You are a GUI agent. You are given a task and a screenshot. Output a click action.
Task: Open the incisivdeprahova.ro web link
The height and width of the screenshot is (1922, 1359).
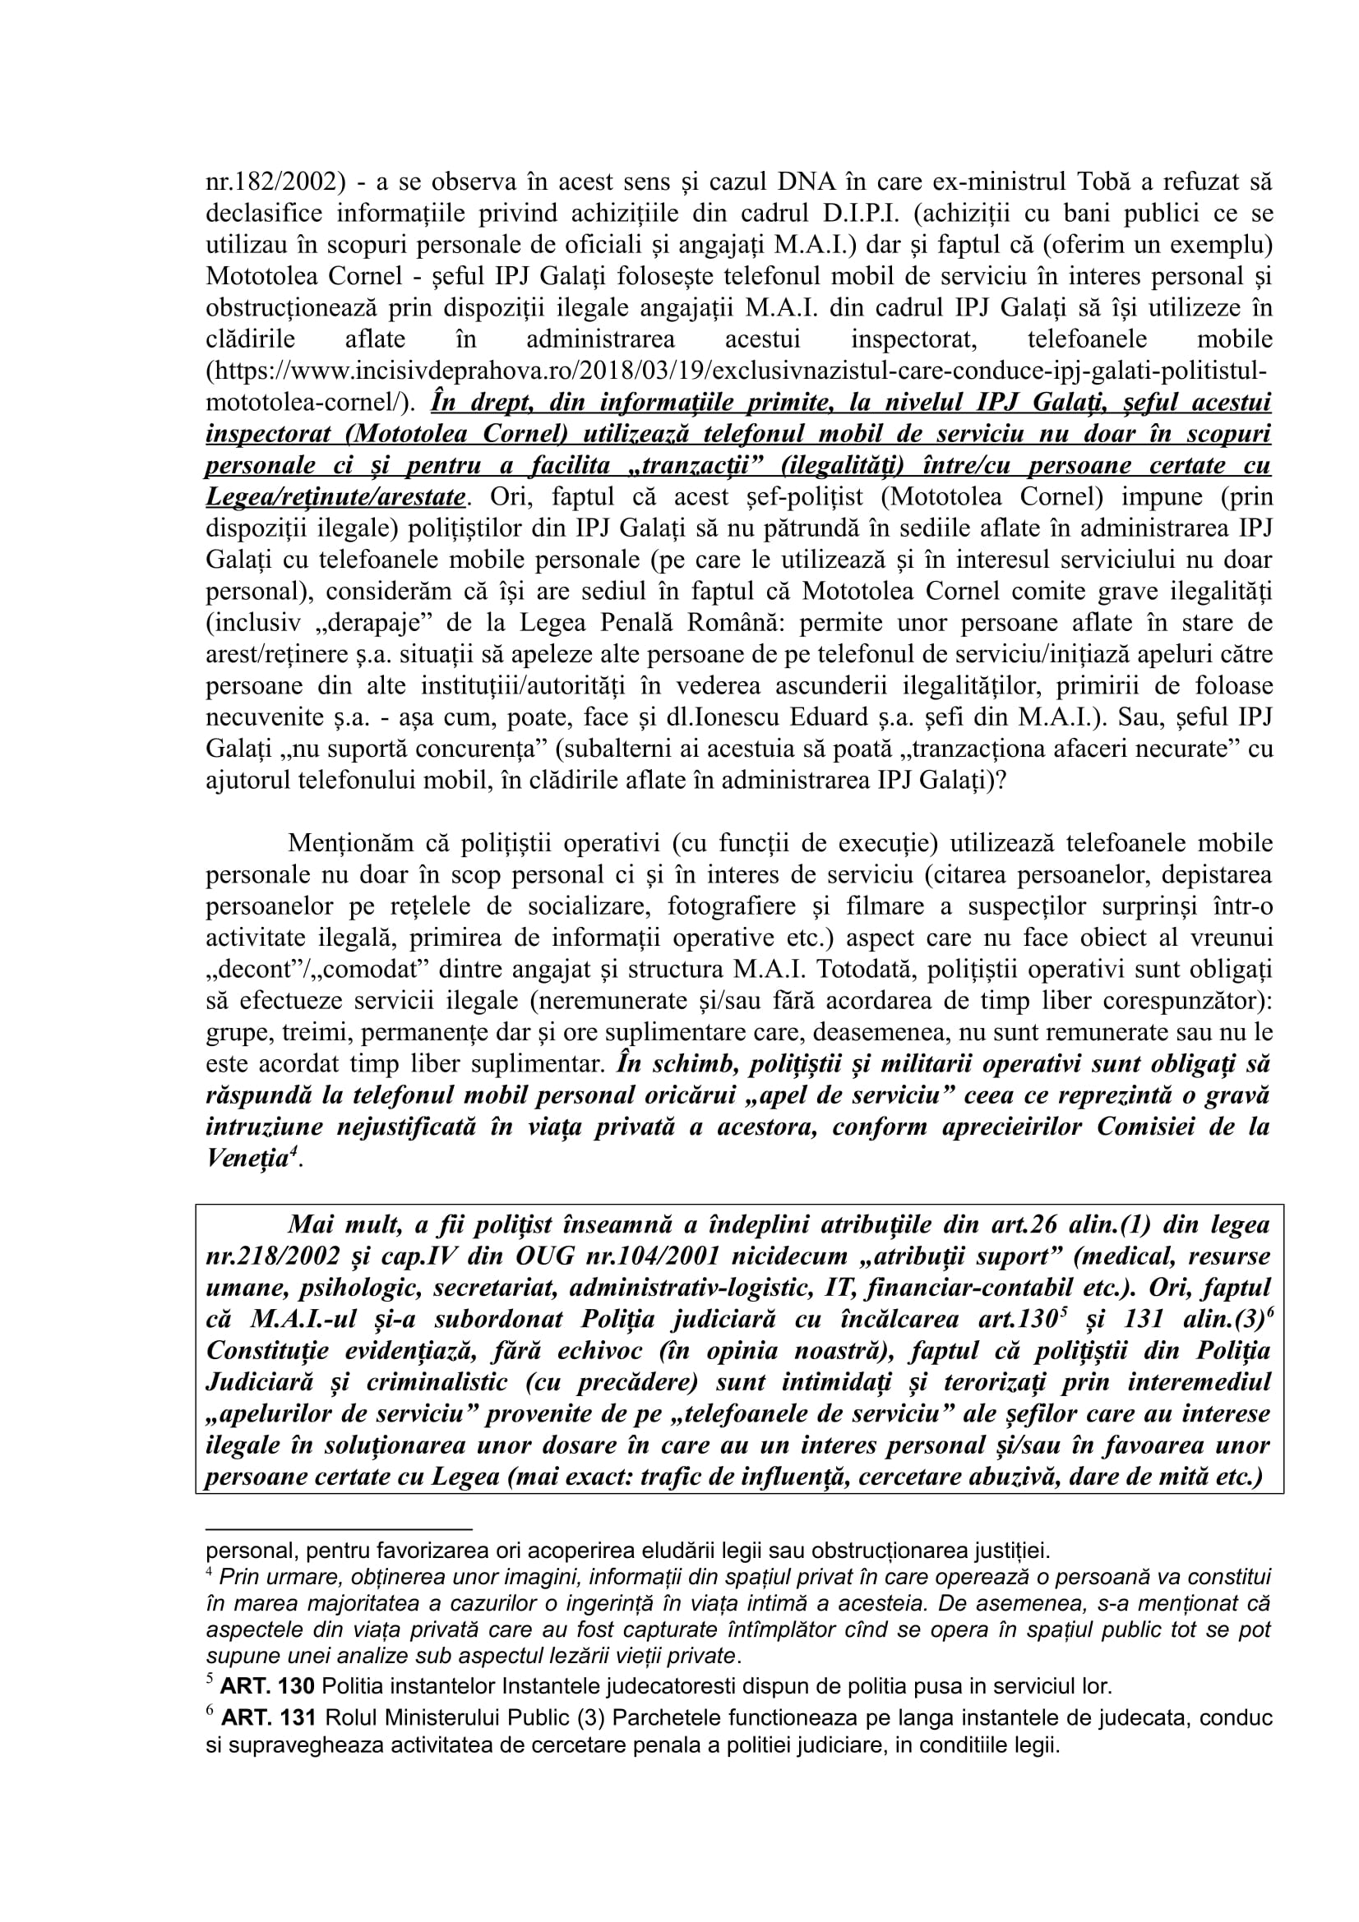[737, 371]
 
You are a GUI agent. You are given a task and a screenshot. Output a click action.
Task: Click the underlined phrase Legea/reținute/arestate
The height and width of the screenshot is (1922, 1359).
[335, 497]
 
